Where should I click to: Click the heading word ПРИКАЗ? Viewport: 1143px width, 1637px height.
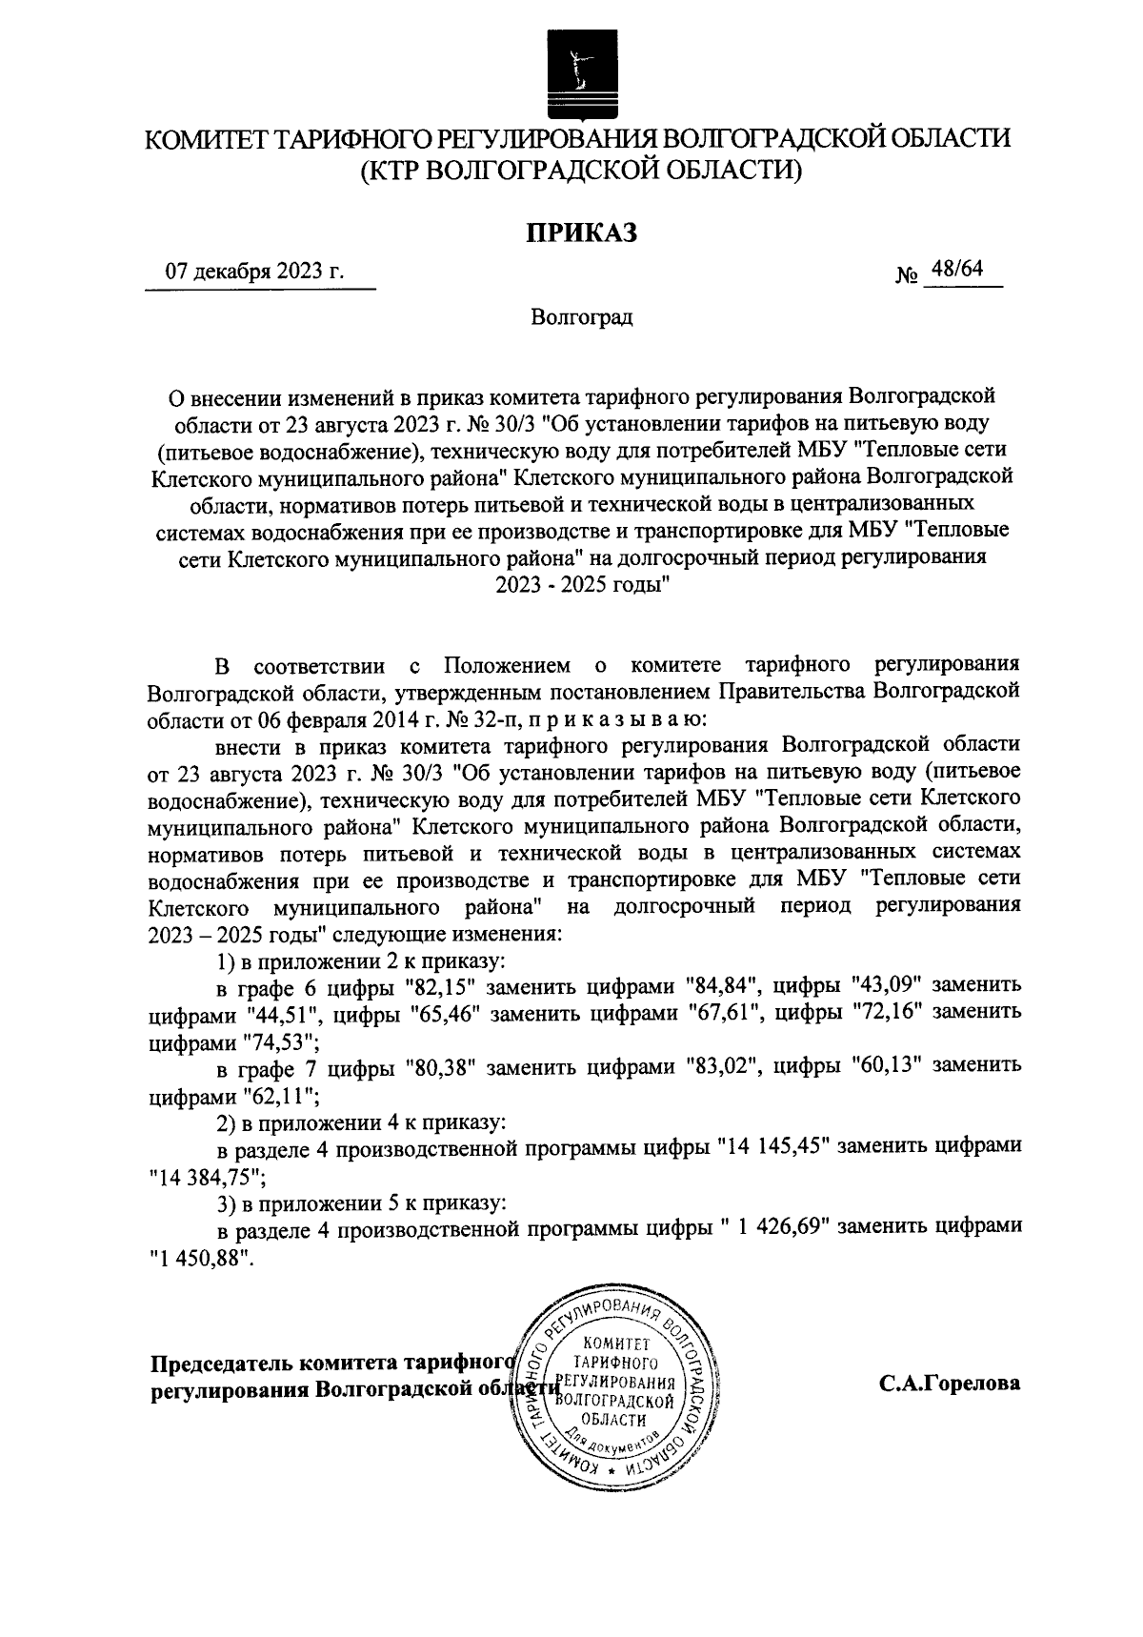coord(581,231)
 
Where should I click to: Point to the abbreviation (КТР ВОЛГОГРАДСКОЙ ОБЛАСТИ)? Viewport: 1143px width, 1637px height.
coord(581,170)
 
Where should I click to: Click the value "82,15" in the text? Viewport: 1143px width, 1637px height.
coord(439,983)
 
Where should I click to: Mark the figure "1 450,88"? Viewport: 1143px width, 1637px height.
coord(202,1257)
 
